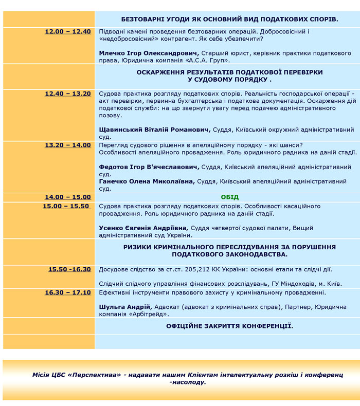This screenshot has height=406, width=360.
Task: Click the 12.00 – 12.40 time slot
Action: tap(67, 32)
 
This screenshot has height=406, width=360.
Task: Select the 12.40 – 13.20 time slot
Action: tap(67, 94)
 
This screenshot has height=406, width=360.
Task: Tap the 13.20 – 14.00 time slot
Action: tap(67, 145)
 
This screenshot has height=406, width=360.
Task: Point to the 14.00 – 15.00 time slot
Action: tap(67, 197)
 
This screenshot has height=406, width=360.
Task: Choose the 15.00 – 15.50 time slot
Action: tap(66, 206)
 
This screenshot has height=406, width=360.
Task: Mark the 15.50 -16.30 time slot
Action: tap(69, 269)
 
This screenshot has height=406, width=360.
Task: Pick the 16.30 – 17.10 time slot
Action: tap(67, 293)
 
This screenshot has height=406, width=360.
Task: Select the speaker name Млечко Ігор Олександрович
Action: tap(149, 53)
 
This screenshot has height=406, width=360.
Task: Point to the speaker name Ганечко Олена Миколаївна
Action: tap(147, 181)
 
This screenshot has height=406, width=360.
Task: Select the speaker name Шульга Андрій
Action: tap(125, 307)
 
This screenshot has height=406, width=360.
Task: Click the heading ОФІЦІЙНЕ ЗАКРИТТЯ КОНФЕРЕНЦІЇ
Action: tap(229, 326)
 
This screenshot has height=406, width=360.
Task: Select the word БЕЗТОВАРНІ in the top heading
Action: tap(146, 19)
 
